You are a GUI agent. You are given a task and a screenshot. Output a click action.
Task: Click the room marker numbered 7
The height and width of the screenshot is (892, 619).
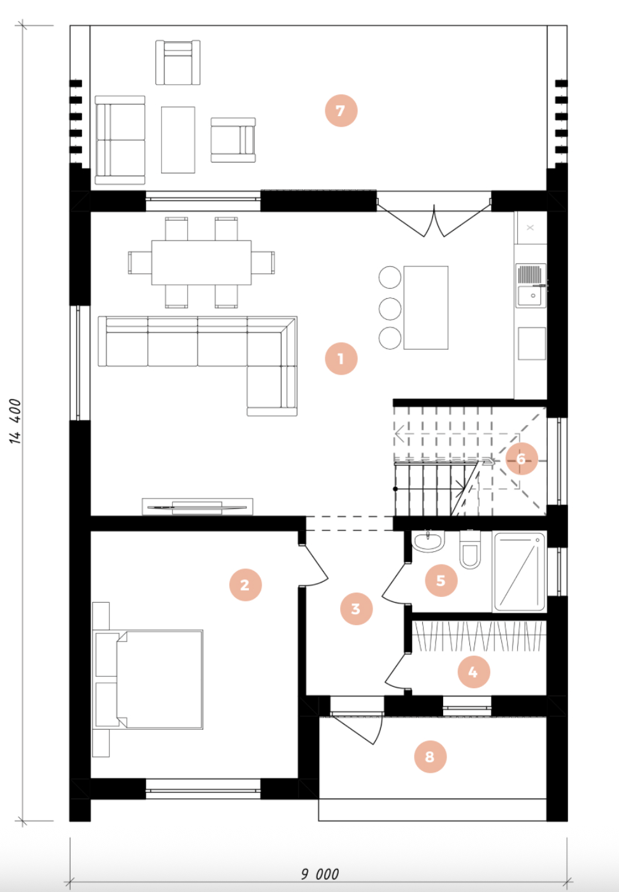(341, 111)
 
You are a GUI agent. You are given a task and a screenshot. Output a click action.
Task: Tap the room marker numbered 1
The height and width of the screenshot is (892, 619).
(341, 359)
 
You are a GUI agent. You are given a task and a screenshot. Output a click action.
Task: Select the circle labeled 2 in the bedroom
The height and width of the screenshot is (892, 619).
(245, 585)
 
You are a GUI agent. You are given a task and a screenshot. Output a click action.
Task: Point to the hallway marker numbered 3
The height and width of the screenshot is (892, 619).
(356, 609)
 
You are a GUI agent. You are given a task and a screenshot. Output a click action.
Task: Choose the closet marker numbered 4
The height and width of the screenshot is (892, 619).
(473, 672)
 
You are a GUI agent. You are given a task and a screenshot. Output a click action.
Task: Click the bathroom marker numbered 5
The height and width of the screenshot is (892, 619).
(441, 580)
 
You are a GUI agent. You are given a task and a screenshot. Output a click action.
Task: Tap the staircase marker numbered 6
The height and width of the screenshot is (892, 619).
(522, 459)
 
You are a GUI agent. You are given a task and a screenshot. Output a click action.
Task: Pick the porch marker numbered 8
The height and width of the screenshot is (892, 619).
(430, 757)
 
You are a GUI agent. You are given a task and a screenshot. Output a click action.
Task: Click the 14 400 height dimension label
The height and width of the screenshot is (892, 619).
(15, 421)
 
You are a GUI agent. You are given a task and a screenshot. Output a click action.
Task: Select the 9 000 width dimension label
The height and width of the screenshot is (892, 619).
(320, 874)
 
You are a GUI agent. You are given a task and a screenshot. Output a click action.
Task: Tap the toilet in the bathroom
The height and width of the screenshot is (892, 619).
(470, 549)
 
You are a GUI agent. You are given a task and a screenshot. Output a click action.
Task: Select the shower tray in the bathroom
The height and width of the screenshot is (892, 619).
(519, 572)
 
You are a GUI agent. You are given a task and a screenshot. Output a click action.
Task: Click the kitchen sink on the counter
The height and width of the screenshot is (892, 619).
(531, 285)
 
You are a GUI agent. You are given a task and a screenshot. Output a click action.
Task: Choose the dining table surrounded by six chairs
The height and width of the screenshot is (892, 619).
(201, 263)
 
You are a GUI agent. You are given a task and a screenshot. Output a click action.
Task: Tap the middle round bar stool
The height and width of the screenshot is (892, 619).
(390, 308)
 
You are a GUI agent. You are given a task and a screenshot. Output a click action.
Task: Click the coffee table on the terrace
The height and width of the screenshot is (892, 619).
(178, 140)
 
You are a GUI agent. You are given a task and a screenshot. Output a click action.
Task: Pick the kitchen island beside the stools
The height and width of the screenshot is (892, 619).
(426, 308)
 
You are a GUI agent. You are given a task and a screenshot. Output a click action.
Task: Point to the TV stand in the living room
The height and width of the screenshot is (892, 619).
(197, 507)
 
